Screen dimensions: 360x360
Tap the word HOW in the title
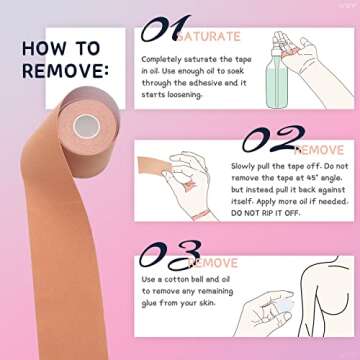tap(43, 46)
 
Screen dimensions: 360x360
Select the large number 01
tap(164, 31)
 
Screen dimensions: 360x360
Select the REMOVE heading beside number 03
tap(214, 263)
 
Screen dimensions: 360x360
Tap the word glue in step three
tap(150, 303)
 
